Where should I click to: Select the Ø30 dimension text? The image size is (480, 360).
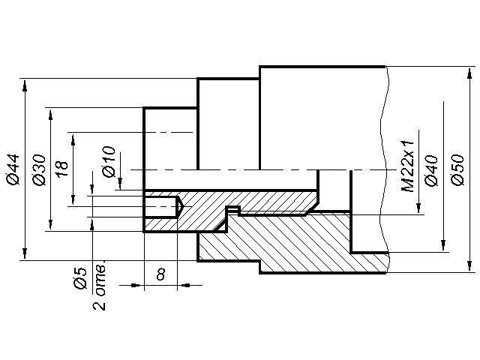coord(39,170)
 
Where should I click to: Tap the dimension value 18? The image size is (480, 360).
coord(63,168)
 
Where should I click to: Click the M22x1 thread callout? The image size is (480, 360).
coord(408,166)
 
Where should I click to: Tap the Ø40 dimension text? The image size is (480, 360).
coord(430,170)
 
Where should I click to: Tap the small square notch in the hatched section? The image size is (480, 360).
coord(233,210)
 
